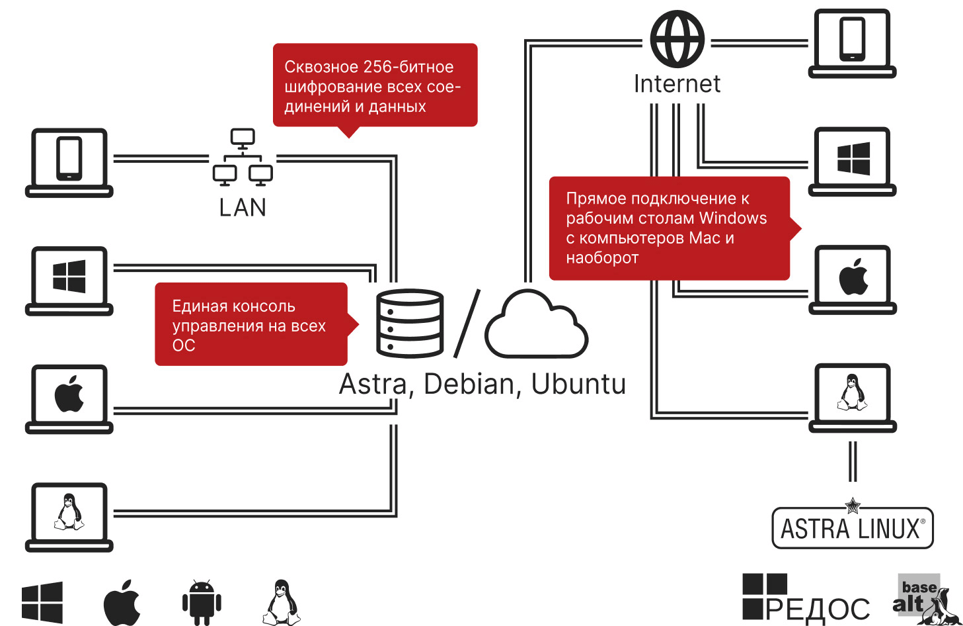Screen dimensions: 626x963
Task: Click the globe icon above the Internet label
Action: [x=677, y=39]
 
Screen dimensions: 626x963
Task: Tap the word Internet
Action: [x=677, y=84]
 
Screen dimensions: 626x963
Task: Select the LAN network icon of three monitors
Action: [x=243, y=157]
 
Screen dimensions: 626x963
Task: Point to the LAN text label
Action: [x=243, y=208]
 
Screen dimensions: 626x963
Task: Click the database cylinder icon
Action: [x=409, y=324]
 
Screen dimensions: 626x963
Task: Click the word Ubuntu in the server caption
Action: [x=578, y=384]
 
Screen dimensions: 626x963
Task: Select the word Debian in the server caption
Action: [x=469, y=384]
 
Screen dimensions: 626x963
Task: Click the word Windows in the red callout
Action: [x=733, y=218]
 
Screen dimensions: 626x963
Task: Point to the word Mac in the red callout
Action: [x=705, y=238]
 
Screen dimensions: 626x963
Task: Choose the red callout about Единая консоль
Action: [x=251, y=325]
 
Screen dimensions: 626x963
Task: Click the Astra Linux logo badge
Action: [x=853, y=528]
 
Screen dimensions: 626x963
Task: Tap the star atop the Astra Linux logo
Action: [x=853, y=506]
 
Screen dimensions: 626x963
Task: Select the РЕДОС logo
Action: [x=806, y=599]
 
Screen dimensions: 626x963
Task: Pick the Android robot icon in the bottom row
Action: [x=202, y=602]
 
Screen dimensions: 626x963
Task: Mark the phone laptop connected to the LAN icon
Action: [x=69, y=162]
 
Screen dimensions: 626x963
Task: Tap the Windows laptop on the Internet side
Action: [x=853, y=161]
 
